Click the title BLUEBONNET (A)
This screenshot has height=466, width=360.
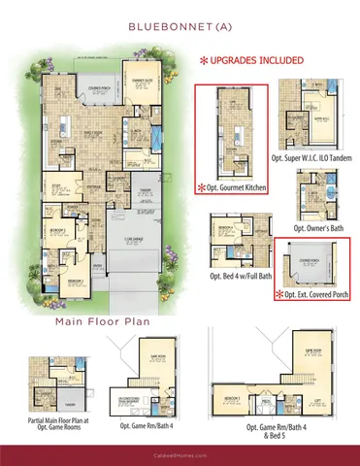[x=180, y=27]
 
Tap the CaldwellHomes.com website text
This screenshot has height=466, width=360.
[x=180, y=450]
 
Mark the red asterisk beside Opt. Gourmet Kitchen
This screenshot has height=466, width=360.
[x=203, y=185]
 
